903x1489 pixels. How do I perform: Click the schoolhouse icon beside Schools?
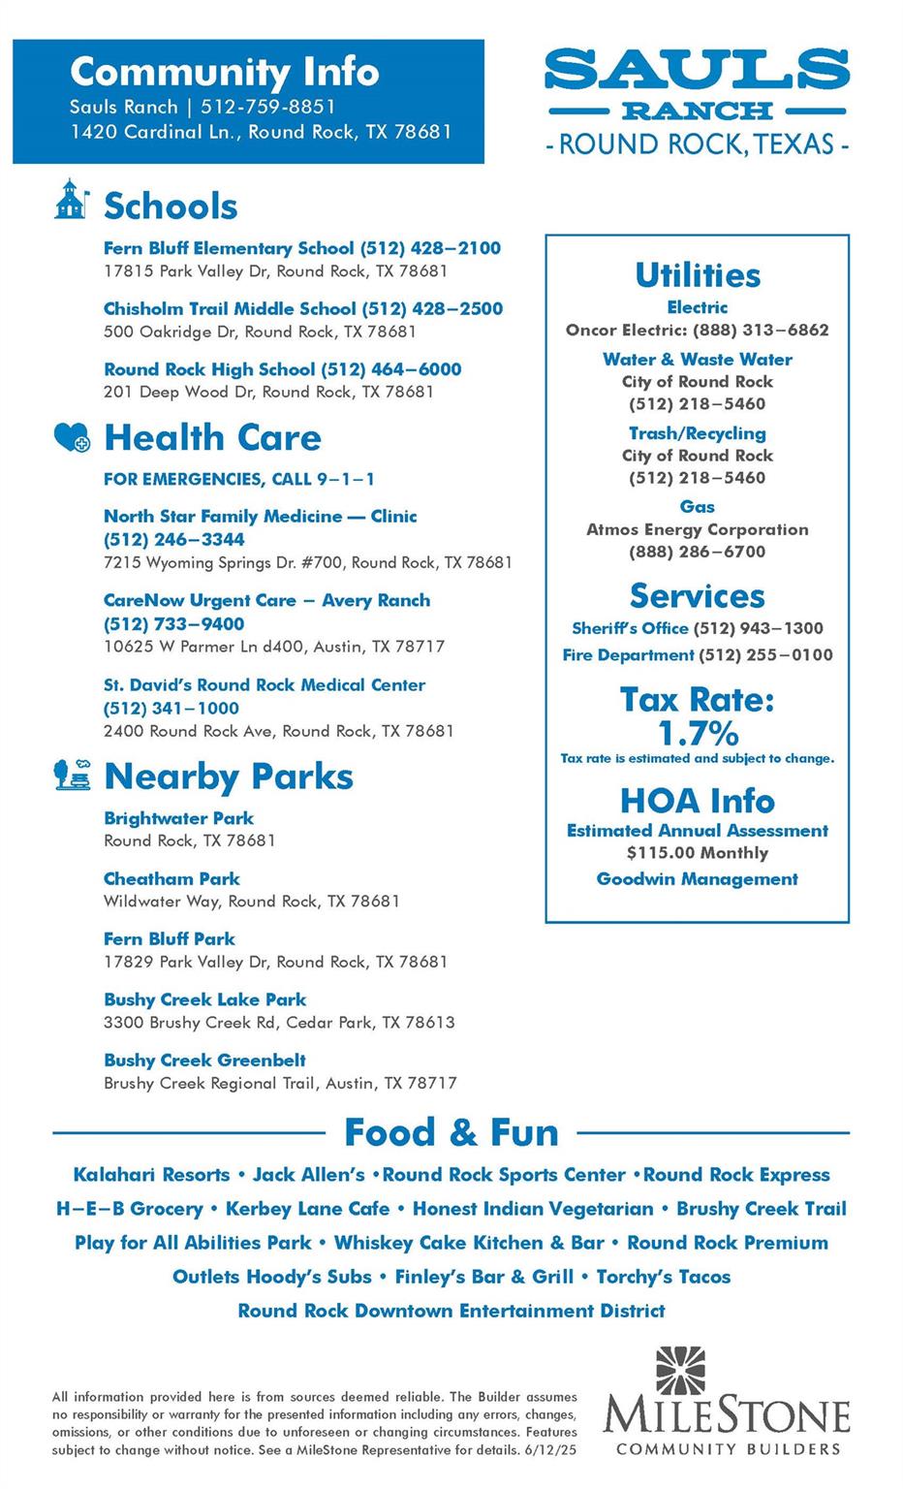pos(71,200)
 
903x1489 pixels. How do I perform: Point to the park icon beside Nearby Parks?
pos(72,776)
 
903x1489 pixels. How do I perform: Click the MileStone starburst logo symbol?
pos(681,1370)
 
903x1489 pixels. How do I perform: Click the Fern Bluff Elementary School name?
pos(229,248)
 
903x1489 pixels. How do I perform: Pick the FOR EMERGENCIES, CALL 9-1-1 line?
pos(239,479)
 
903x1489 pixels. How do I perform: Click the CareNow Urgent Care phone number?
pos(174,623)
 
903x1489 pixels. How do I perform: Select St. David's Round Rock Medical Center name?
pos(265,685)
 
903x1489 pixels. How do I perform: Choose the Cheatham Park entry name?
pos(171,879)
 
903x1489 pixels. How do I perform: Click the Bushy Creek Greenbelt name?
pos(204,1061)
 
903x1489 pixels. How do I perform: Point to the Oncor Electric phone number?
pos(761,330)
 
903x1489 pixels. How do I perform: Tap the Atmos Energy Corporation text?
pos(697,529)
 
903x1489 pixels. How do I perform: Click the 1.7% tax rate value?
pos(698,732)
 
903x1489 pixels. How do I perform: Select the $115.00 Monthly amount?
pos(697,853)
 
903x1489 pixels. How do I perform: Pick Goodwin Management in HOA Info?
pos(697,879)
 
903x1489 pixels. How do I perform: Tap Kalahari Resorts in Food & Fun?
pos(151,1175)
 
